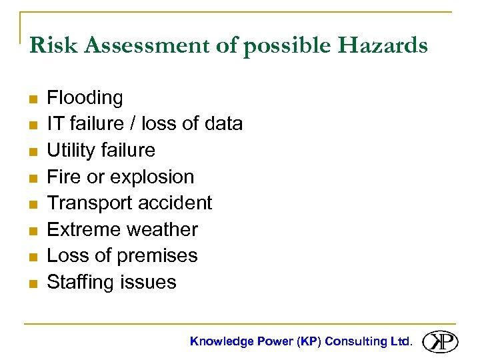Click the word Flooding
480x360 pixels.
pyautogui.click(x=85, y=98)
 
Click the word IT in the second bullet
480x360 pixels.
pyautogui.click(x=54, y=124)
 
